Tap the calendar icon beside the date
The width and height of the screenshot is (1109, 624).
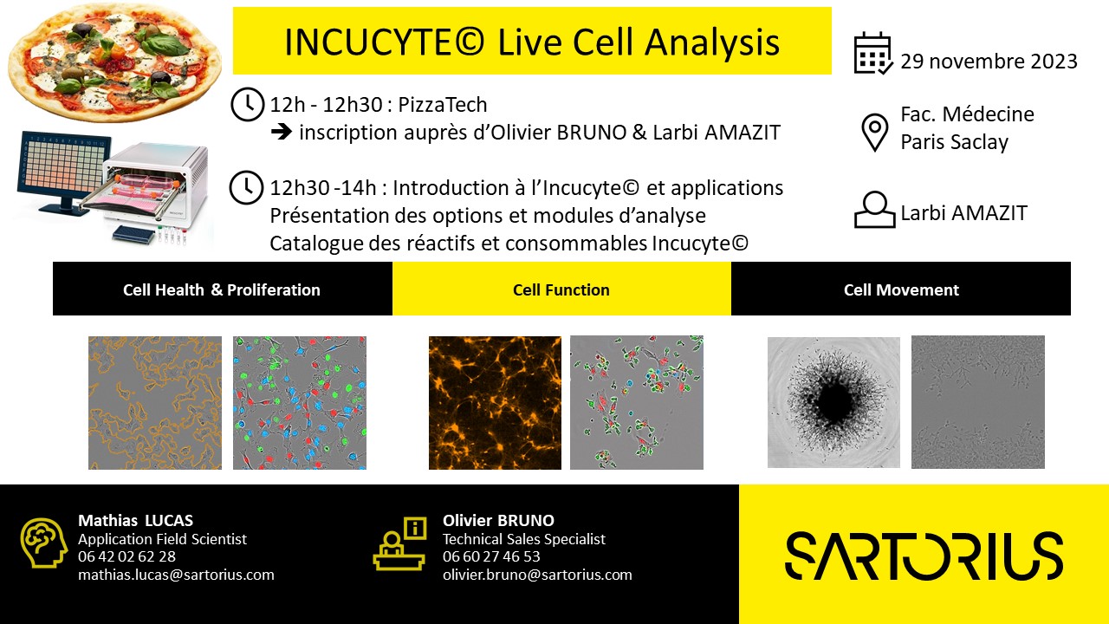(x=872, y=54)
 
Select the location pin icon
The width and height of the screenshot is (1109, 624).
(x=874, y=132)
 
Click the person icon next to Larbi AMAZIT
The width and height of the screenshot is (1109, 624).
(x=874, y=210)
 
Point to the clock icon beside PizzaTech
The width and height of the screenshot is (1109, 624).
(x=248, y=105)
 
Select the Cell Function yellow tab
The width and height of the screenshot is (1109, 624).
(x=561, y=289)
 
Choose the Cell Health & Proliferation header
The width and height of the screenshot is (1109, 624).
(x=222, y=289)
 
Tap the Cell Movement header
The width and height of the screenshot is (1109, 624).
(x=901, y=289)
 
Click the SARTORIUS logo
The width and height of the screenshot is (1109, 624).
(x=924, y=556)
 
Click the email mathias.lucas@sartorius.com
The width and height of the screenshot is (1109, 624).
(x=176, y=575)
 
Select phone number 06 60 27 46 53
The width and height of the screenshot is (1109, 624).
(x=491, y=556)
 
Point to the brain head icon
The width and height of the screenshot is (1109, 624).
(x=43, y=544)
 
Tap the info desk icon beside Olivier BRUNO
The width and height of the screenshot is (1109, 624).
(x=399, y=544)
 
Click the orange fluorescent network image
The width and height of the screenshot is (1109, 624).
(x=495, y=403)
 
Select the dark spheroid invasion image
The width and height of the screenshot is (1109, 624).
(x=833, y=403)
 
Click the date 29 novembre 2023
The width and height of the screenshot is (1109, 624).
(x=989, y=62)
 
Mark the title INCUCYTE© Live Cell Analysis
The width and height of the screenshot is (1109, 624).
(x=532, y=42)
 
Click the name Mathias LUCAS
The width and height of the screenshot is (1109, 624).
(x=135, y=520)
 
